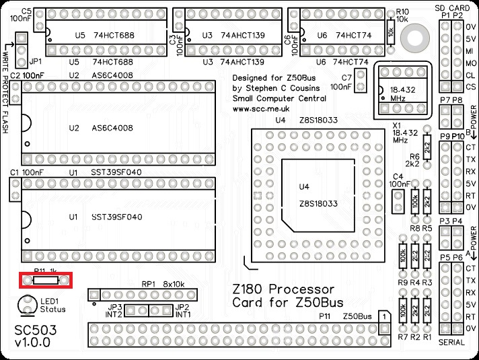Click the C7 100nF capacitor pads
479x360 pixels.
pyautogui.click(x=361, y=82)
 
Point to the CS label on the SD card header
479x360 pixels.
pyautogui.click(x=471, y=87)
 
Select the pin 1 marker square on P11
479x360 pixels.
pyautogui.click(x=383, y=316)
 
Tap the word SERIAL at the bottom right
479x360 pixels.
pyautogui.click(x=451, y=343)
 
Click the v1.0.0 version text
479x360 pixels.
pyautogui.click(x=32, y=345)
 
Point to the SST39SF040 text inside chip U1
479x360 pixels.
pyautogui.click(x=117, y=217)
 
